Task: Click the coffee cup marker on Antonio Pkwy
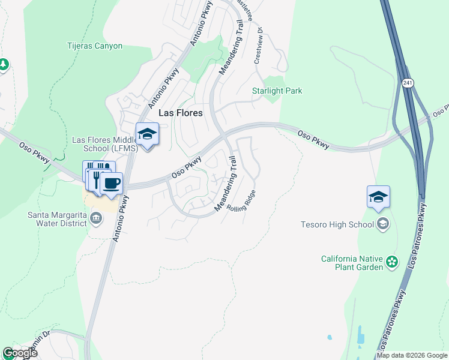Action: point(111,183)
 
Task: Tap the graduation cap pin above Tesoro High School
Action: point(378,197)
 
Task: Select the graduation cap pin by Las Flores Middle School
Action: point(147,134)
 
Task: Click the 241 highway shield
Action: point(408,82)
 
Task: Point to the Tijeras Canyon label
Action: point(95,46)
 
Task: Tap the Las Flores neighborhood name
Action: point(180,113)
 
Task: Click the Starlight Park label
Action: point(277,91)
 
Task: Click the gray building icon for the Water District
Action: point(97,220)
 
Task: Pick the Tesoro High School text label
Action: point(339,224)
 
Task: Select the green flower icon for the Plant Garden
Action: point(392,261)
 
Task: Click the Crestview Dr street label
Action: point(259,46)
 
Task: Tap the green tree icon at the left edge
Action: point(4,64)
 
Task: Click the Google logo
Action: point(19,353)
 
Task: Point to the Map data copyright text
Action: point(412,355)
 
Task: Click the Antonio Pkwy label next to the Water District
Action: point(119,220)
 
